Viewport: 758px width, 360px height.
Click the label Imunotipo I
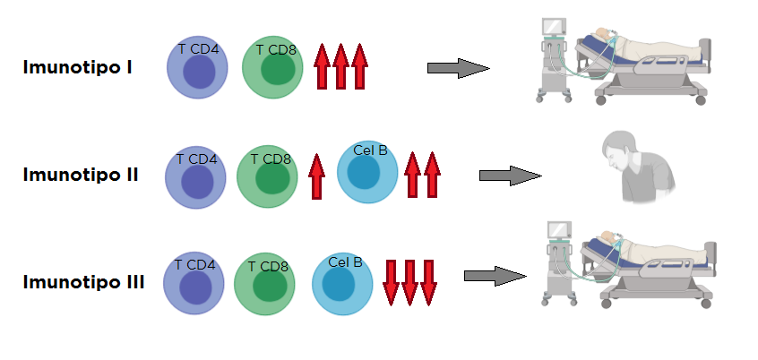tap(78, 68)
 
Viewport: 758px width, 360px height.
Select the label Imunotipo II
tap(81, 175)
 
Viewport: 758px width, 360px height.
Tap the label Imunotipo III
tap(83, 282)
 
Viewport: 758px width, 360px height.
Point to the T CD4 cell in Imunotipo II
tap(195, 178)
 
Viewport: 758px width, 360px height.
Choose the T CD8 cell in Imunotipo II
tap(267, 176)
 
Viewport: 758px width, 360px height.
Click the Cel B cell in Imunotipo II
tap(367, 172)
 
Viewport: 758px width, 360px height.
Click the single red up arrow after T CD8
tap(316, 176)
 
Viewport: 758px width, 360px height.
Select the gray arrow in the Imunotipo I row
tap(458, 68)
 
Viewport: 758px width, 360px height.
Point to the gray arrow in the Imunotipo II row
tap(510, 176)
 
